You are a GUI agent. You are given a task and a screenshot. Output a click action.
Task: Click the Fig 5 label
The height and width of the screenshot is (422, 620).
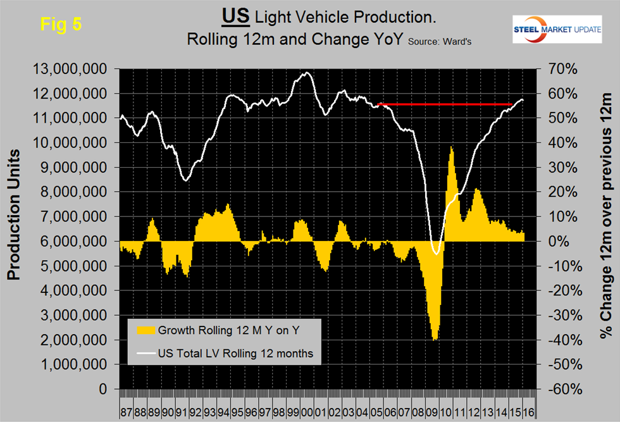[x=61, y=24]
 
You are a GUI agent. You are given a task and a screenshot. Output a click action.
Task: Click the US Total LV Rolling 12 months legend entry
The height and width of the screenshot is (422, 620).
[x=235, y=354]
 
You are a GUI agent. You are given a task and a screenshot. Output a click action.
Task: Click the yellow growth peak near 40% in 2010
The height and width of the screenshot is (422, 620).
[x=451, y=148]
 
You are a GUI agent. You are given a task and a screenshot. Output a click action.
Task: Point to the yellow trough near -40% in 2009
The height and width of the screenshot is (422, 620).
[x=435, y=339]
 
